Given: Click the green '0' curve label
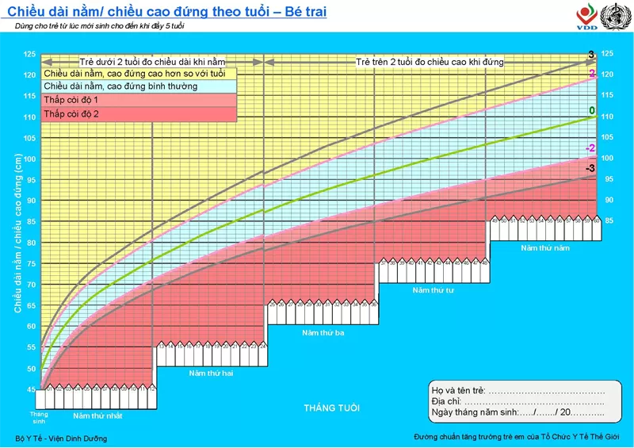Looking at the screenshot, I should click(591, 110).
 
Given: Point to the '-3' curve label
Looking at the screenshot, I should click(590, 169).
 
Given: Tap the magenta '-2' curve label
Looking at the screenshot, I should click(590, 148).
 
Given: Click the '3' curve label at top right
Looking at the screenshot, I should click(591, 55).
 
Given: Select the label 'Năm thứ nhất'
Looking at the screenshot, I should click(97, 415).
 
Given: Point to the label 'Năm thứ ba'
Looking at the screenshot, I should click(323, 332).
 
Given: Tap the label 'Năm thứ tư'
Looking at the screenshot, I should click(433, 290).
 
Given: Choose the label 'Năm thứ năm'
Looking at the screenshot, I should click(545, 248).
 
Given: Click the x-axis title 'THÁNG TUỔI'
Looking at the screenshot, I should click(331, 408).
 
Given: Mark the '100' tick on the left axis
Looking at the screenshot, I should click(29, 159).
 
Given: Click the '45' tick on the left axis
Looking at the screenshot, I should click(29, 389).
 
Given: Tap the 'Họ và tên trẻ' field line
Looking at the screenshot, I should click(518, 390).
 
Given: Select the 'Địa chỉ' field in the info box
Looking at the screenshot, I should click(518, 401).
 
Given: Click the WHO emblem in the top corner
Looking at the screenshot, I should click(611, 16).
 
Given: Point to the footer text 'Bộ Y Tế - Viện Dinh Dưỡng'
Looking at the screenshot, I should click(61, 438).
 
